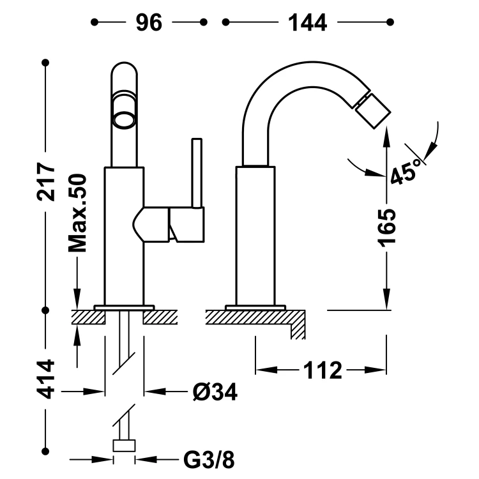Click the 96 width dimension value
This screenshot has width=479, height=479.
[x=149, y=22]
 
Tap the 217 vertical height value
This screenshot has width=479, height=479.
[x=45, y=181]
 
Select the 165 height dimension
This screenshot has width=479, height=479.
[x=386, y=227]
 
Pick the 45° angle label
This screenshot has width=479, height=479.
[x=407, y=169]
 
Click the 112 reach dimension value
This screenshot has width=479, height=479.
[x=323, y=370]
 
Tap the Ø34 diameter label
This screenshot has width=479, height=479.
[x=214, y=392]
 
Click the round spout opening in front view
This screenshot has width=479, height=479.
[x=124, y=118]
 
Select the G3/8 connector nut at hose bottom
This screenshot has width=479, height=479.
[x=124, y=446]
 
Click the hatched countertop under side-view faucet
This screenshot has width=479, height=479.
[x=255, y=317]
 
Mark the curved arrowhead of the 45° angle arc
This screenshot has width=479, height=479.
[x=429, y=151]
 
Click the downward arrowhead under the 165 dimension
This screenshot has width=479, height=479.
[x=386, y=300]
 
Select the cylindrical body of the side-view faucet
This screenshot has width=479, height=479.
[x=255, y=236]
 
